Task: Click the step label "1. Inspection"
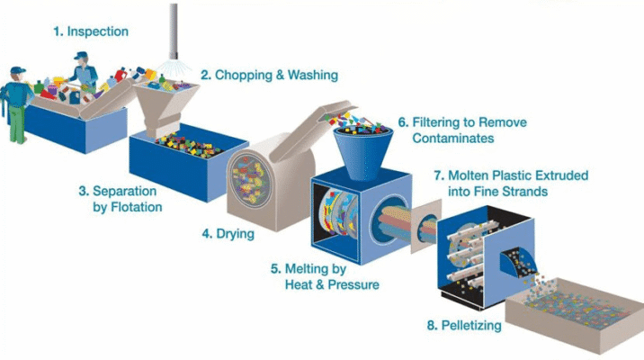[90, 31]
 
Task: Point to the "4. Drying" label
[228, 234]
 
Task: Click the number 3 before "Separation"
[84, 191]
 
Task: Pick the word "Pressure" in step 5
[350, 284]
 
